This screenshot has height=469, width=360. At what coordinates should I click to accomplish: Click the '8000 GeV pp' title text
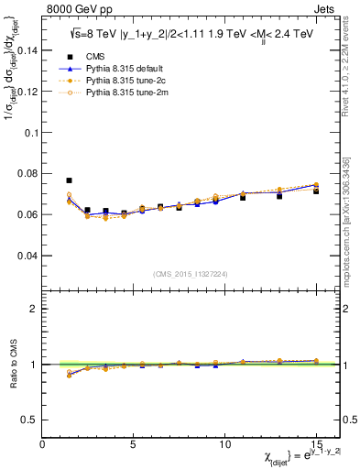click(74, 11)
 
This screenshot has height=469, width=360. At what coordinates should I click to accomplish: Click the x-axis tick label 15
click(316, 444)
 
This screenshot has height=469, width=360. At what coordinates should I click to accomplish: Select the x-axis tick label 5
click(134, 444)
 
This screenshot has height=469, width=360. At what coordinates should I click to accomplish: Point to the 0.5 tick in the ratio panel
click(29, 420)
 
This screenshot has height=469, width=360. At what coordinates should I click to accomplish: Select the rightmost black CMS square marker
click(316, 191)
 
